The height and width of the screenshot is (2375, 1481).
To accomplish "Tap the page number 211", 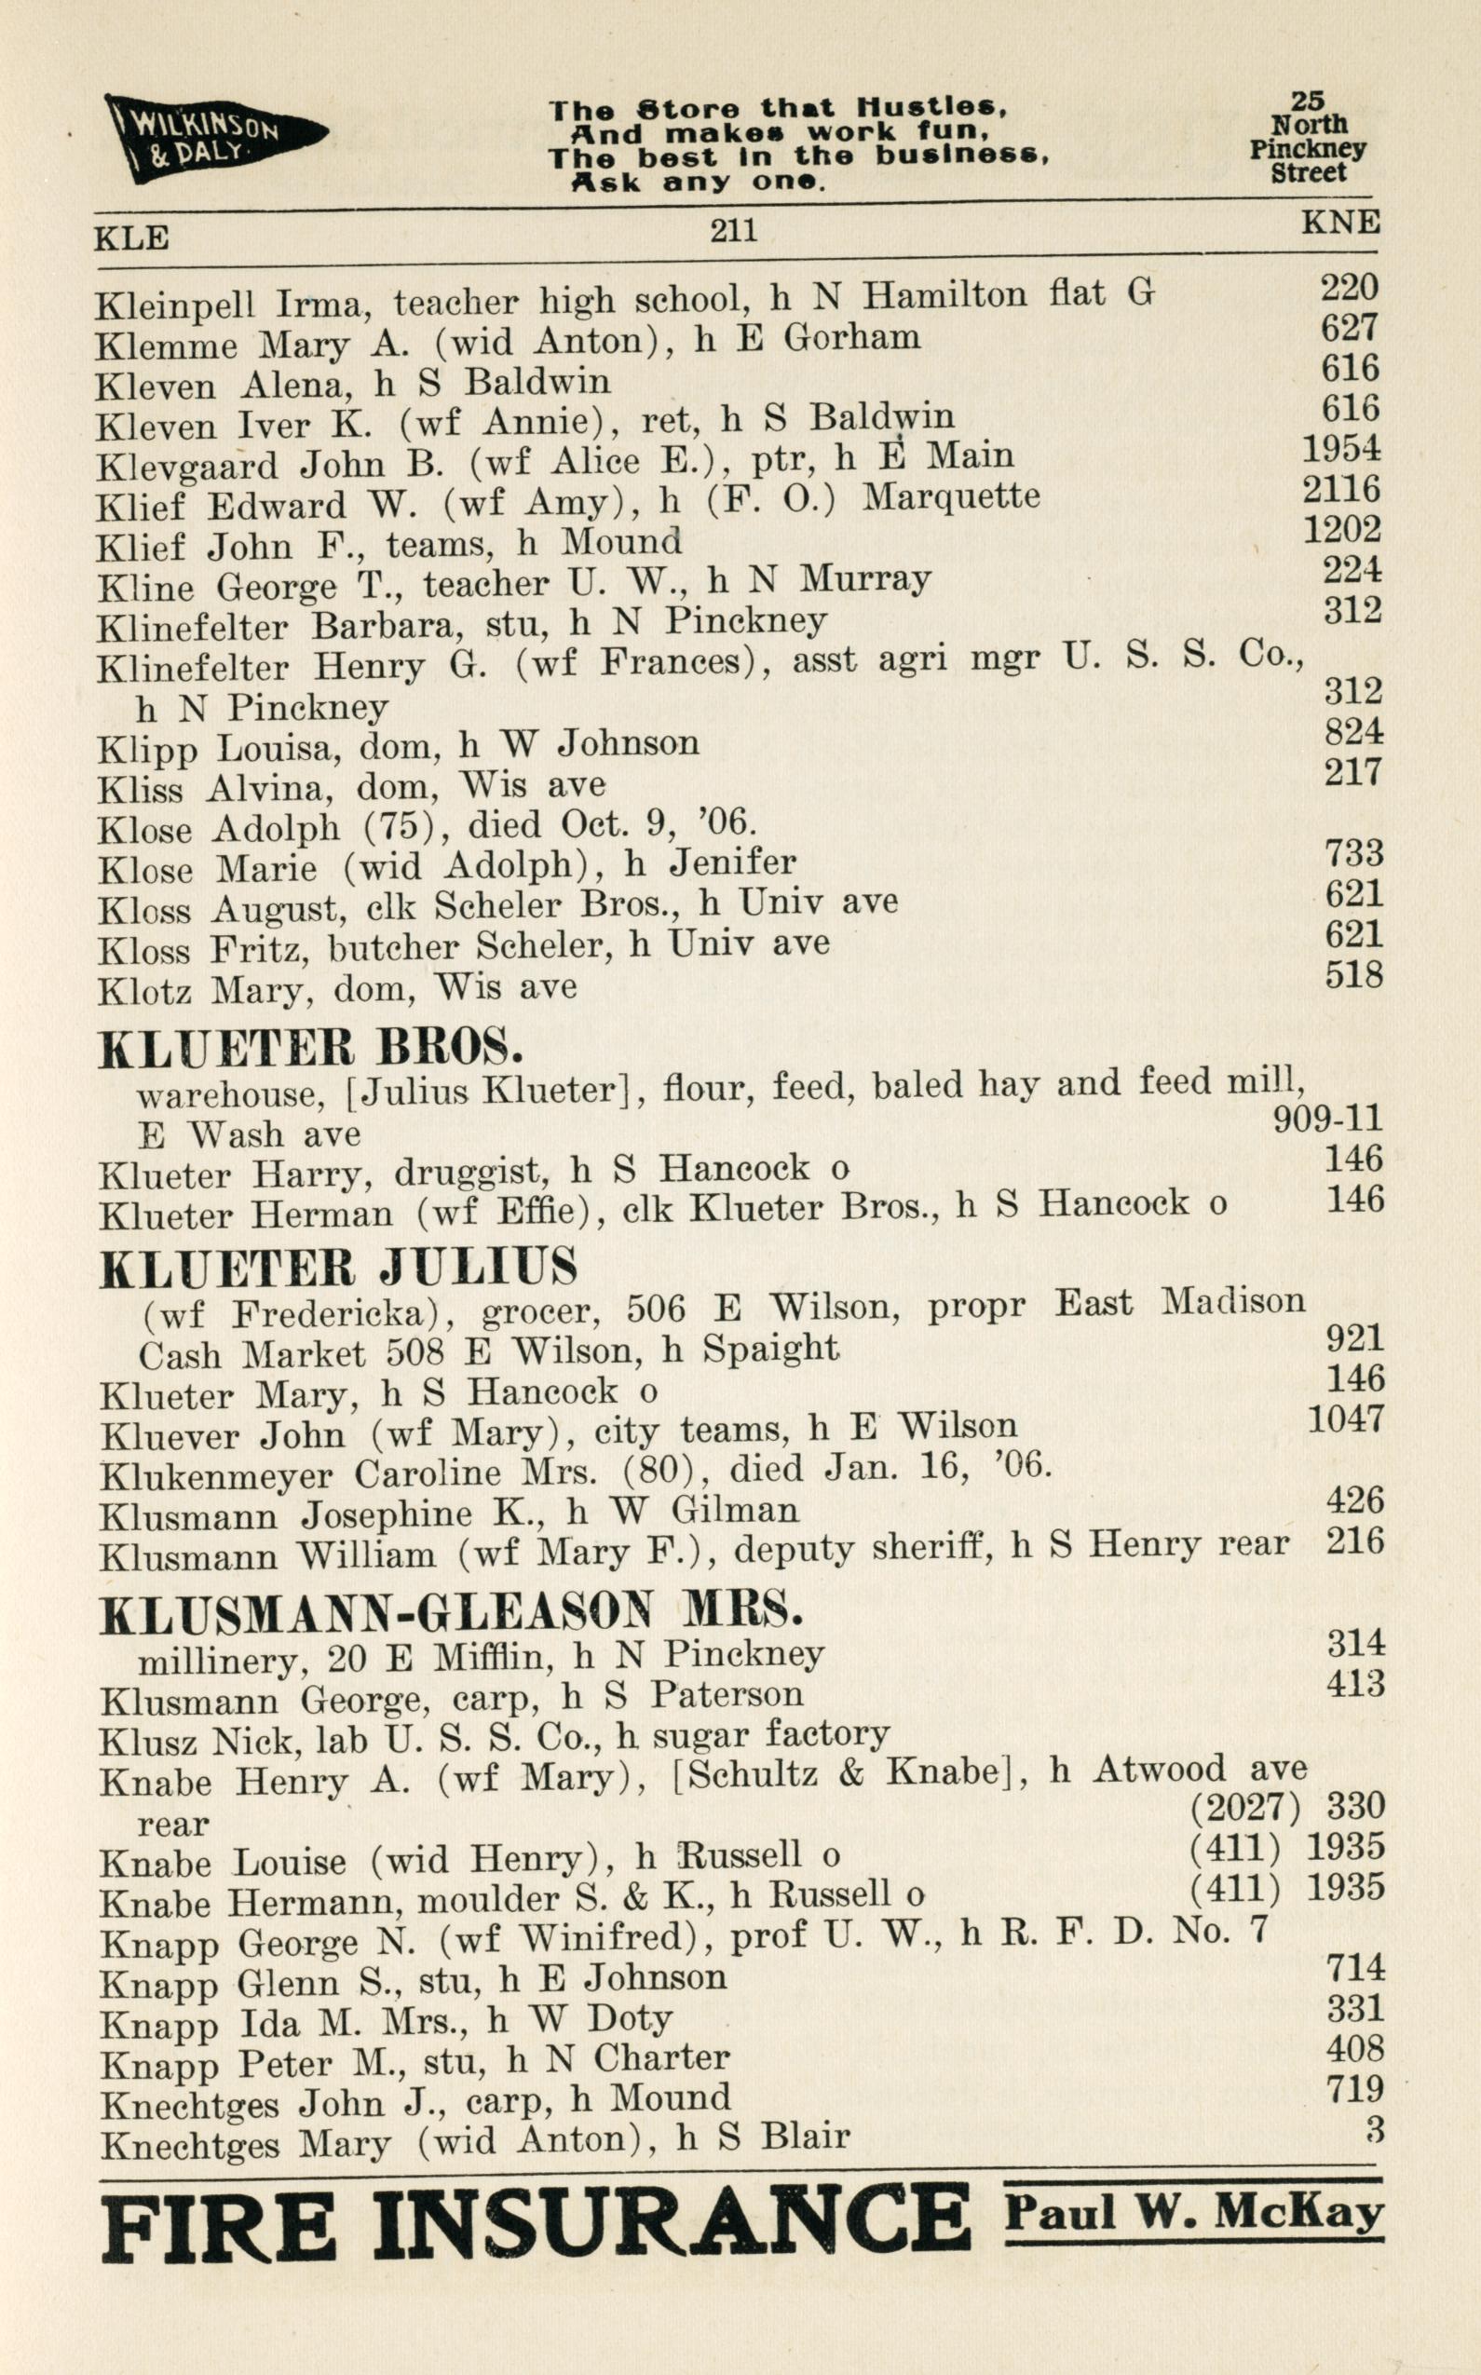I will [x=733, y=230].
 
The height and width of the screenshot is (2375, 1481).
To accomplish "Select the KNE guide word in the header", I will [x=1340, y=223].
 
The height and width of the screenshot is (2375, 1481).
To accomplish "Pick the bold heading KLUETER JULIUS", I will [x=338, y=1269].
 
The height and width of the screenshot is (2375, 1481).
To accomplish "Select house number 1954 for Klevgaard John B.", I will [x=1341, y=449].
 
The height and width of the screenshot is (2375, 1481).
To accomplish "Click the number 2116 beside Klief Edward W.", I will [x=1341, y=489].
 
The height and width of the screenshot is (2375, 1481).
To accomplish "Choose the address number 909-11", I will [x=1327, y=1119].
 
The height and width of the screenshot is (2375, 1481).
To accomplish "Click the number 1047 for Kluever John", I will [x=1346, y=1418].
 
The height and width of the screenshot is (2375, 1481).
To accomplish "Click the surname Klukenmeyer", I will [x=216, y=1476].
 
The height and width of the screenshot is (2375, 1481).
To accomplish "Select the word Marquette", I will [x=950, y=496].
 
